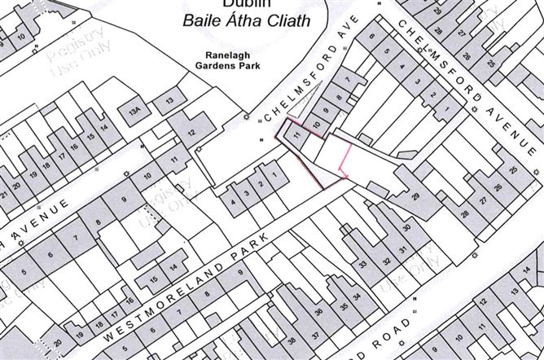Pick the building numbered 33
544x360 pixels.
click(362, 264)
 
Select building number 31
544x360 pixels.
click(401, 249)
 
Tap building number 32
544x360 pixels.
click(387, 261)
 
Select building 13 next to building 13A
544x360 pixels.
click(169, 100)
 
